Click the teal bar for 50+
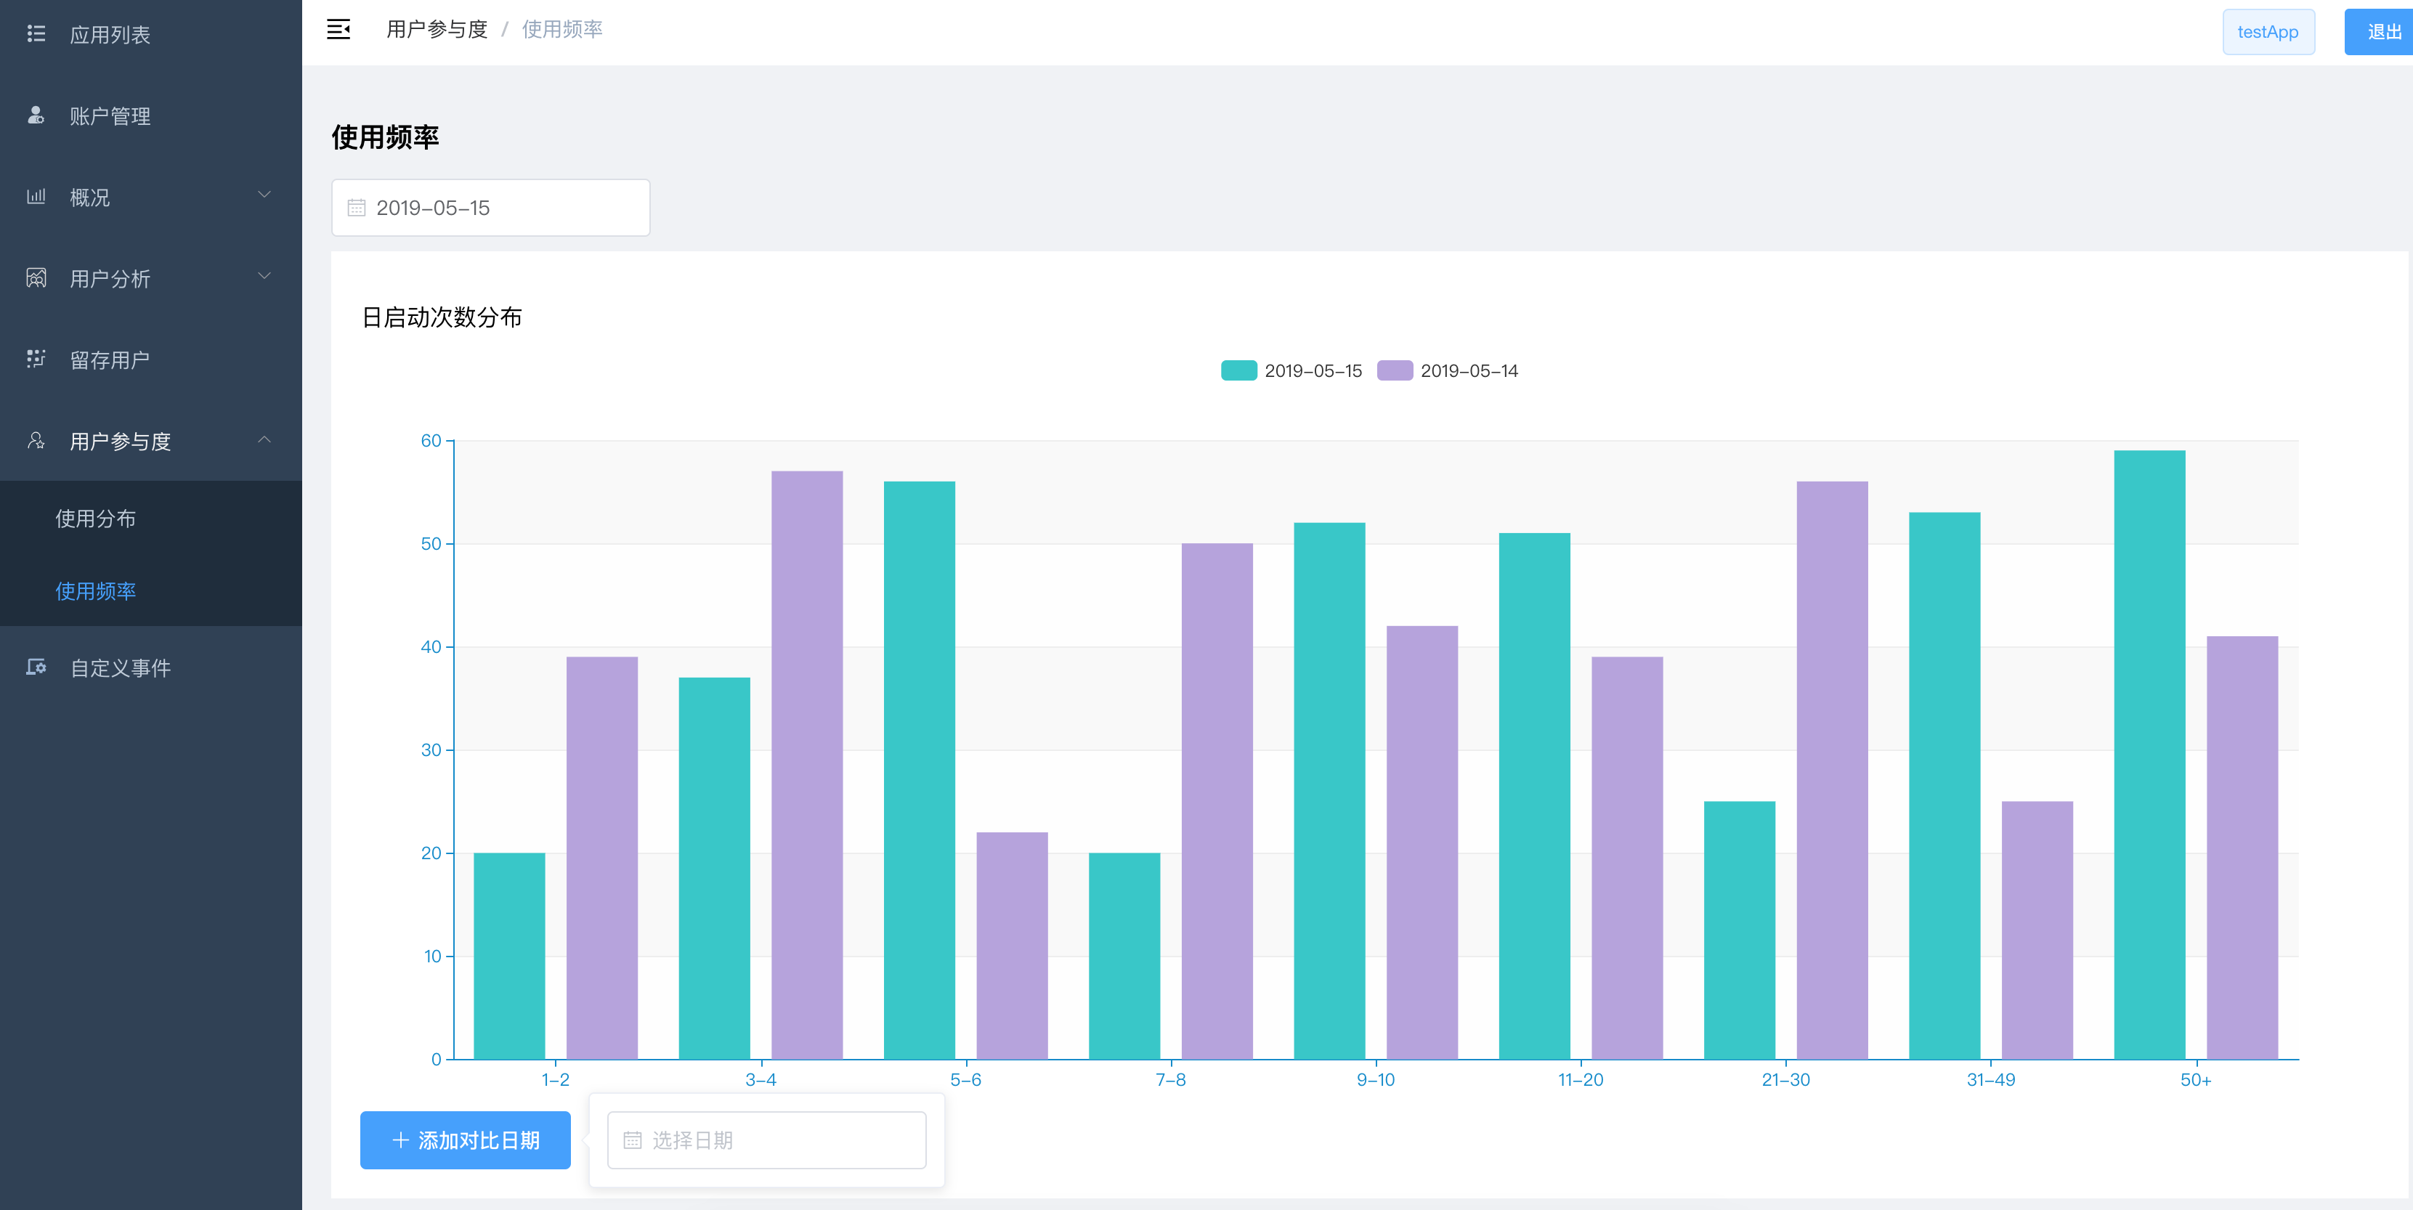[2149, 755]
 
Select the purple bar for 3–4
[806, 766]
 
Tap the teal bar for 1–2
[508, 955]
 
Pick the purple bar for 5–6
[1012, 945]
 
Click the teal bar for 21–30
[1738, 930]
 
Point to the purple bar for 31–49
[2037, 930]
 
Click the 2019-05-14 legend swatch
[1394, 371]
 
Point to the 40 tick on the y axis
[431, 647]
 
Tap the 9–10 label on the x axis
[1375, 1080]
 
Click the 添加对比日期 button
[465, 1140]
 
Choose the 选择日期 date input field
[766, 1140]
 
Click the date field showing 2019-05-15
[490, 208]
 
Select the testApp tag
[2267, 32]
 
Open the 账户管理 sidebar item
[110, 116]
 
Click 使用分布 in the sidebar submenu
[96, 519]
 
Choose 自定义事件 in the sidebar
[120, 667]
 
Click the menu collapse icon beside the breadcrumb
[338, 30]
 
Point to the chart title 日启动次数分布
[442, 317]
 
